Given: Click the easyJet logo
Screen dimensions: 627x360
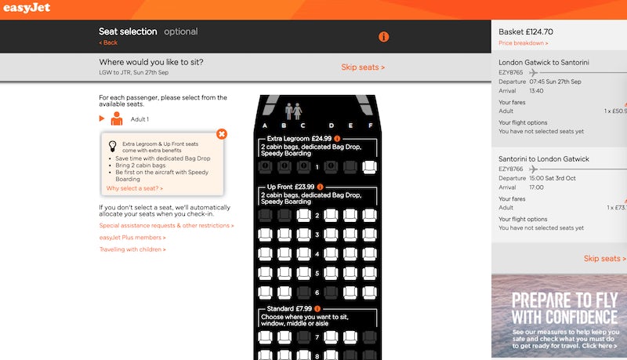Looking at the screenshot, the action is (x=27, y=8).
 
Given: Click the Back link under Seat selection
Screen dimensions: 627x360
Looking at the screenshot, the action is (x=108, y=42).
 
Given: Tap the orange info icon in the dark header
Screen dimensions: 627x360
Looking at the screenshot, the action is (x=383, y=37).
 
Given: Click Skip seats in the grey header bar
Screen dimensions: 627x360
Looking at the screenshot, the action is (x=363, y=67).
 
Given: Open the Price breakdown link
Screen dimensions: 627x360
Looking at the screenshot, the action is (x=523, y=43).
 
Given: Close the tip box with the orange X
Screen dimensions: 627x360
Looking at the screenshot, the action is (x=222, y=134).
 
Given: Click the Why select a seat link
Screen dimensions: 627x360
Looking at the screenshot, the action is (x=134, y=188).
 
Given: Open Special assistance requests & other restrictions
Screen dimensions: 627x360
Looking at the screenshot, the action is (x=166, y=226).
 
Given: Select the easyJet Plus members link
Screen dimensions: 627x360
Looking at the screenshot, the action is (x=132, y=238).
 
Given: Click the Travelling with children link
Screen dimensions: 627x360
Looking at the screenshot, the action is (x=132, y=249).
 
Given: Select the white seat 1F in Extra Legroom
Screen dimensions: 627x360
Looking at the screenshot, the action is (x=369, y=167).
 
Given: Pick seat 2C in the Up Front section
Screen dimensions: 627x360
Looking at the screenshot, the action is (x=303, y=216).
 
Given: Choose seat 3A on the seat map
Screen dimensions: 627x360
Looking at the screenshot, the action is (x=265, y=235).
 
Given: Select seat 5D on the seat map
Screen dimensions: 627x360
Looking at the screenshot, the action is (x=331, y=273).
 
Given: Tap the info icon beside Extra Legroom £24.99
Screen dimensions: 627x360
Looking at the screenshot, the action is (x=337, y=139).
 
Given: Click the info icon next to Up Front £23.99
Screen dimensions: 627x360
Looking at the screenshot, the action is (x=320, y=187).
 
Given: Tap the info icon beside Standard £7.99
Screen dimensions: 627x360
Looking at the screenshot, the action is (x=317, y=309).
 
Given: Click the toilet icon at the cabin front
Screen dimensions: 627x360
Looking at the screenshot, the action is (x=293, y=111).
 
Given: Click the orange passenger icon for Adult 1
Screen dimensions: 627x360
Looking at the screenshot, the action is (x=117, y=118).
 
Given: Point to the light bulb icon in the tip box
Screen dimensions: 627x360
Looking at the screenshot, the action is (x=113, y=146).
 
